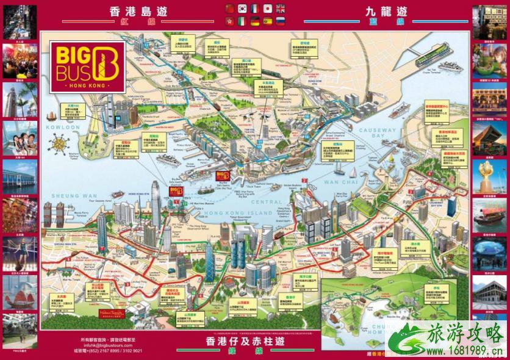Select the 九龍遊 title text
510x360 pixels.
tap(386, 12)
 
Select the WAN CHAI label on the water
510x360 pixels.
tap(339, 182)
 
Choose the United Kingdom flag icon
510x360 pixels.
tap(280, 9)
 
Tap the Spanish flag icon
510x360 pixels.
tap(267, 21)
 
